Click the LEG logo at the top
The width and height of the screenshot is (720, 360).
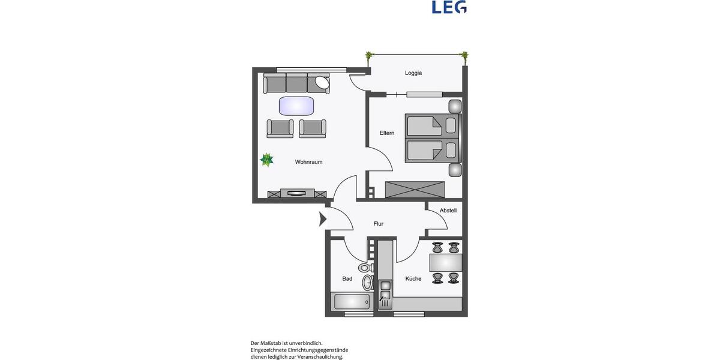pos(449,7)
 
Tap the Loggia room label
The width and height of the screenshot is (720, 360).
pos(413,73)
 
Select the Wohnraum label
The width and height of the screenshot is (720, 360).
pos(308,162)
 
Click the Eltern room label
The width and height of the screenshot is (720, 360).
pos(387,133)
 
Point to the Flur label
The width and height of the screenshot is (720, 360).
pos(378,224)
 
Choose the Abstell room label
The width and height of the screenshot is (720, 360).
pos(448,211)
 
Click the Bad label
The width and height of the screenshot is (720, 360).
pos(347,278)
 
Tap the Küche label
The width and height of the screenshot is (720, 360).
pos(413,278)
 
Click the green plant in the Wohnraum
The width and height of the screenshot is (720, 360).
pos(267,160)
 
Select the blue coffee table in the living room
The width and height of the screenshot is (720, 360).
pos(296,106)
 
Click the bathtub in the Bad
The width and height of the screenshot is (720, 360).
pos(353,301)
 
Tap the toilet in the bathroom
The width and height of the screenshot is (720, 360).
pos(364,268)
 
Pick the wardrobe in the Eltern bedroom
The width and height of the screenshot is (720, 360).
pos(415,190)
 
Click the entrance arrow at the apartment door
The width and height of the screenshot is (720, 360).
pos(322,219)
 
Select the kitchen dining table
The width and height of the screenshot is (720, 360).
pos(446,263)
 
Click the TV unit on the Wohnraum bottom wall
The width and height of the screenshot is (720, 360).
pos(298,193)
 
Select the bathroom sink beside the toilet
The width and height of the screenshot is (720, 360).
pos(367,282)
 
